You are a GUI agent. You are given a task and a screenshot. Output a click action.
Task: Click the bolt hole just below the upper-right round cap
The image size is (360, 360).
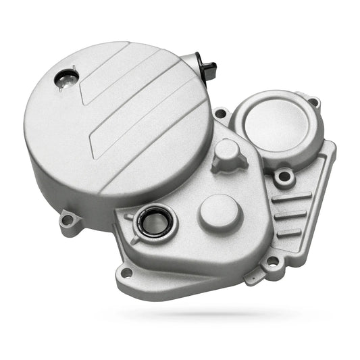pyautogui.click(x=284, y=178)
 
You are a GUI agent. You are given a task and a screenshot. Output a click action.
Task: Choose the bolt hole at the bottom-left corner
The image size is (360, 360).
pyautogui.click(x=126, y=273)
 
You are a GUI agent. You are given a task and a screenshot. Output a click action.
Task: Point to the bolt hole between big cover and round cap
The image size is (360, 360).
pyautogui.click(x=220, y=113)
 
